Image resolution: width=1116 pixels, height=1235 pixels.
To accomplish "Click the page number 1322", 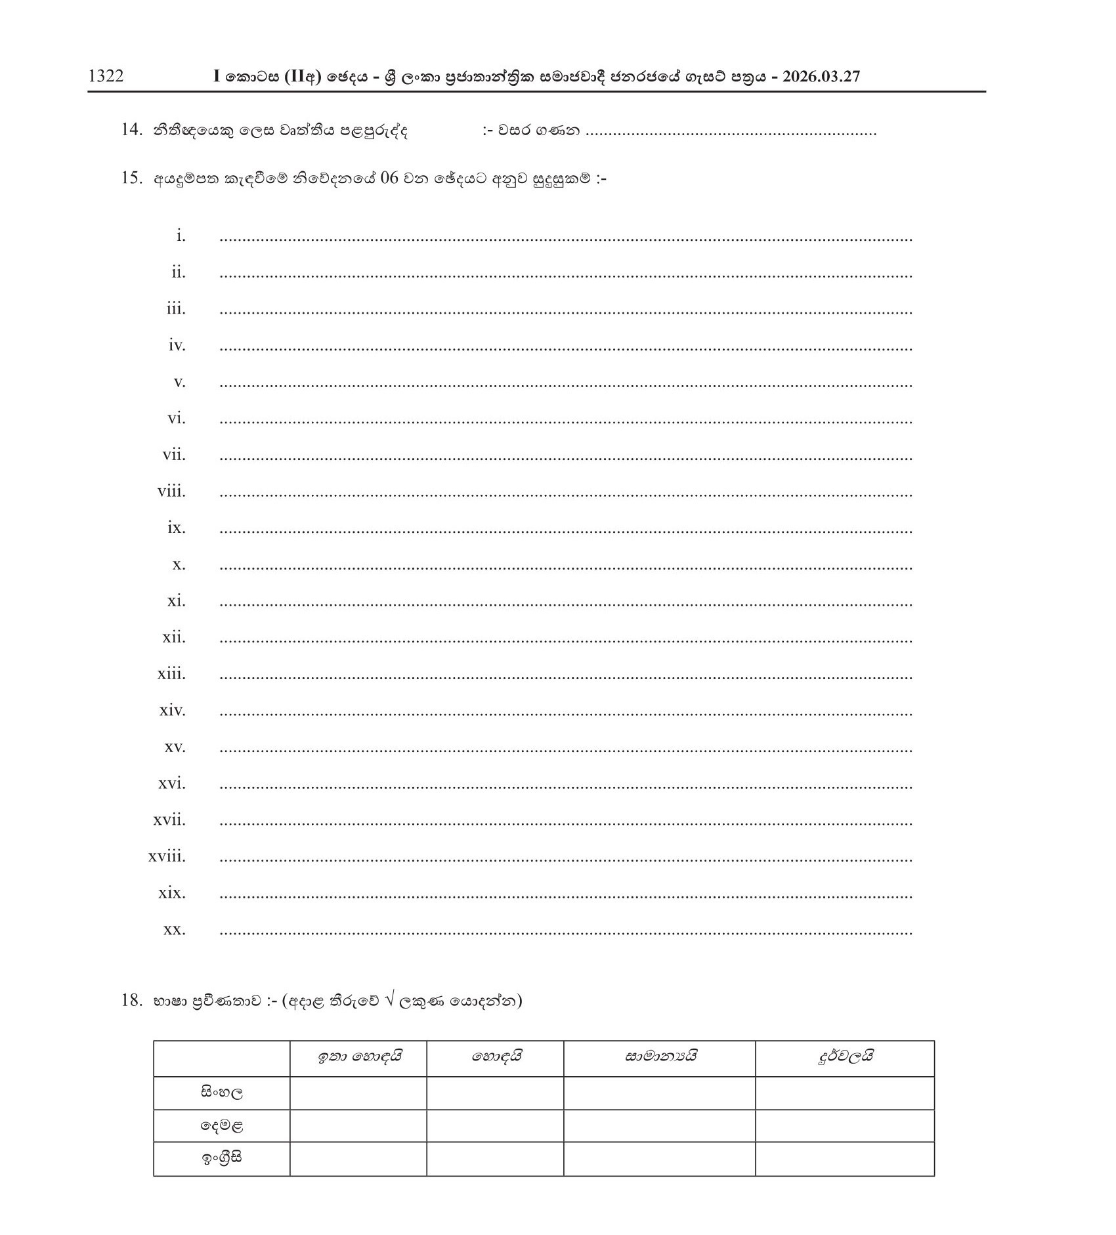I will pyautogui.click(x=106, y=76).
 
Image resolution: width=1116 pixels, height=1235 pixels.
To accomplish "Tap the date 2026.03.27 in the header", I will pyautogui.click(x=821, y=76).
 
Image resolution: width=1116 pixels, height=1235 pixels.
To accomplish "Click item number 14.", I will pyautogui.click(x=131, y=130).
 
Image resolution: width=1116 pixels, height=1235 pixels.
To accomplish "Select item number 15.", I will pyautogui.click(x=131, y=178).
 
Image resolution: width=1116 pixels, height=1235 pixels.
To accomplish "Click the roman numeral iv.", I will pyautogui.click(x=177, y=345).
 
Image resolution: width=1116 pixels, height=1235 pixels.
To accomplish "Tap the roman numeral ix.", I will pyautogui.click(x=176, y=528).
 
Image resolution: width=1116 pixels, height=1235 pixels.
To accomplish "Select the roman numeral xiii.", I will pyautogui.click(x=171, y=674).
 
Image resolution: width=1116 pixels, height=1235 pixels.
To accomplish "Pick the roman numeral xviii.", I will pyautogui.click(x=167, y=856).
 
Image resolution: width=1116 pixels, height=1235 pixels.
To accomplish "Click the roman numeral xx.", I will pyautogui.click(x=174, y=929).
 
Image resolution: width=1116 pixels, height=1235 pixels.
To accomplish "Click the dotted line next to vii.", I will pyautogui.click(x=565, y=458).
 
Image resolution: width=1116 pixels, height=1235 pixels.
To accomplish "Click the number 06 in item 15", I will pyautogui.click(x=389, y=178).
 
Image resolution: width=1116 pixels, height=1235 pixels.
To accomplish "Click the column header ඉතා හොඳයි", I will pyautogui.click(x=358, y=1057).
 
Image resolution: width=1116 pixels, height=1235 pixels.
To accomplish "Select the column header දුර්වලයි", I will pyautogui.click(x=845, y=1057).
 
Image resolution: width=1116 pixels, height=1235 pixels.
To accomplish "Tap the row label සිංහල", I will pyautogui.click(x=222, y=1093).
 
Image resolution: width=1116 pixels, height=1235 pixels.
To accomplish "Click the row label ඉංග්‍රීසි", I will pyautogui.click(x=222, y=1158).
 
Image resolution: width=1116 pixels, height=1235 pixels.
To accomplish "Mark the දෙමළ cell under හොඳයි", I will pyautogui.click(x=495, y=1125).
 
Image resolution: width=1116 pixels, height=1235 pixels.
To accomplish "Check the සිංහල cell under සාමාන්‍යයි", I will pyautogui.click(x=659, y=1093).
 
